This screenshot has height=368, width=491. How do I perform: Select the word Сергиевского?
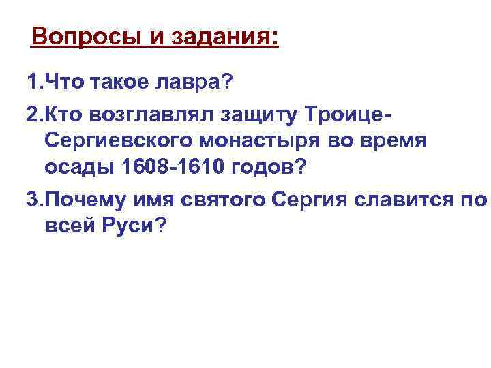121,141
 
